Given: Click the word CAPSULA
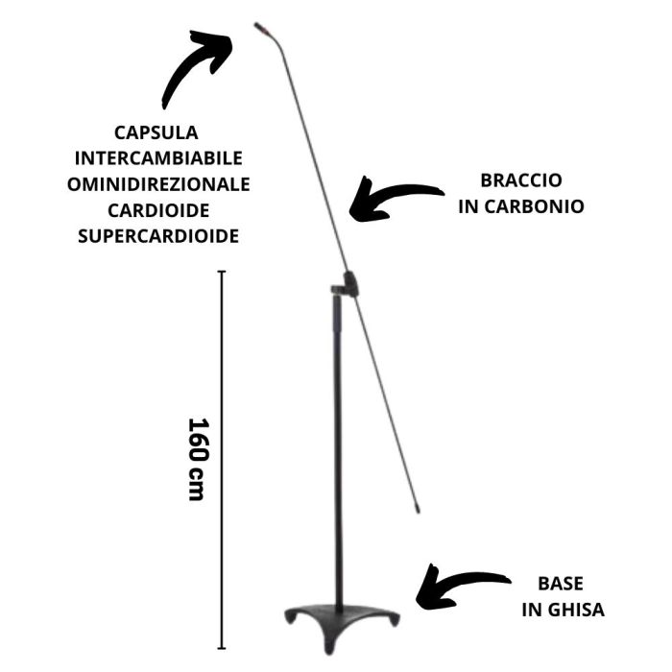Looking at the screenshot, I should click(156, 132).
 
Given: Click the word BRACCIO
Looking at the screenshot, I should click(521, 180).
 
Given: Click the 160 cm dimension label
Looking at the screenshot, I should click(197, 459).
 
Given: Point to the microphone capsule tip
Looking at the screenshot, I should click(259, 27).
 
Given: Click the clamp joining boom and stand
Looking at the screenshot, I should click(347, 285).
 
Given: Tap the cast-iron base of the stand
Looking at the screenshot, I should click(339, 614).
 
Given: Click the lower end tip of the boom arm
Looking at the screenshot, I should click(418, 509).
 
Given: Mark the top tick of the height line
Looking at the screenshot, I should click(223, 273).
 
